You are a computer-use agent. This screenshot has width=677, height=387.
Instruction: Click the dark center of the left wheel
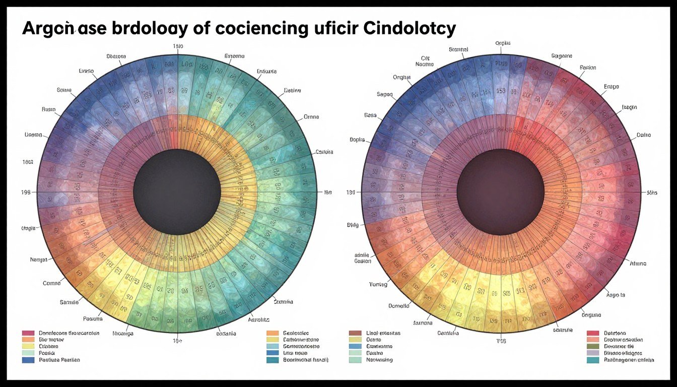pos(177,192)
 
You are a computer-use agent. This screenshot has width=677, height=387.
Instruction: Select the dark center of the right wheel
pos(501,192)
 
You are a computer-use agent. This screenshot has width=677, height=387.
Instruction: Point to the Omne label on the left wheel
pos(311,117)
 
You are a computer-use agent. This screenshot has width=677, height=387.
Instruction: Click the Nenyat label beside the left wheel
pos(39,260)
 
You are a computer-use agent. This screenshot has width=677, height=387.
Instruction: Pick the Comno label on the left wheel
pos(51,283)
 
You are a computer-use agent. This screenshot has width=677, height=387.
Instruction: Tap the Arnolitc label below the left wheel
pos(259,319)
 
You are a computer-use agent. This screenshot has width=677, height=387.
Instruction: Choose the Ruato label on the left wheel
pos(49,109)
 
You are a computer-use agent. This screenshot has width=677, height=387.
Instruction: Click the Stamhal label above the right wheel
pos(458,49)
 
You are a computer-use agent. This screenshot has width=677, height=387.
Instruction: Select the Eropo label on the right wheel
pos(611,87)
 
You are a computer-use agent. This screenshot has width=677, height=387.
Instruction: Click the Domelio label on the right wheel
pos(399,306)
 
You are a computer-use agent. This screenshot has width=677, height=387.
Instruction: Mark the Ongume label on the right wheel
pos(591,315)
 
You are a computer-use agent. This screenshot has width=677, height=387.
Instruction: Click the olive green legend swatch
pos(593,347)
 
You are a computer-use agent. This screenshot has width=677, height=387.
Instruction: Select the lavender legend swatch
pos(593,353)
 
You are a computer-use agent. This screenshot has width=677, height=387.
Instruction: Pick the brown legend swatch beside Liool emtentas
pos(355,333)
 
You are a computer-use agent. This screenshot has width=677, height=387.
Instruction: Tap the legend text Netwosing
pos(379,360)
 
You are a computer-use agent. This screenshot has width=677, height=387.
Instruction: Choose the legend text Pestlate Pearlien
pos(59,360)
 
